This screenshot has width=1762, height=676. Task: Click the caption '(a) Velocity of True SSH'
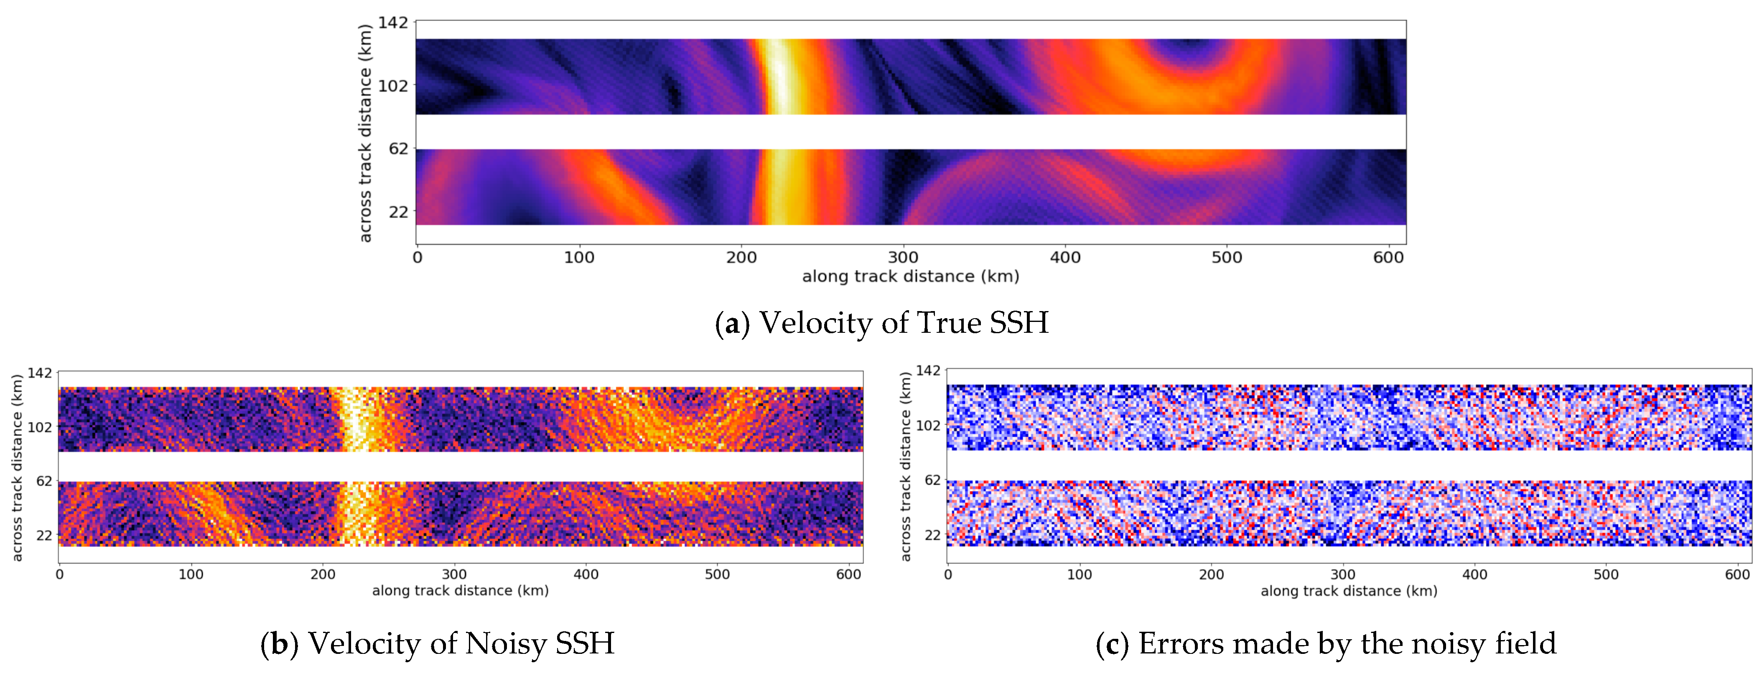point(881,323)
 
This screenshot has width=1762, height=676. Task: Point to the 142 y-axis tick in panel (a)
point(393,23)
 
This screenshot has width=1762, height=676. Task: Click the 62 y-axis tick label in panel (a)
point(398,148)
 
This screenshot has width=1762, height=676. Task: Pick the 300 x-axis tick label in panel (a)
point(903,258)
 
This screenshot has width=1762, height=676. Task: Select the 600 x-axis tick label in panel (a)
point(1388,258)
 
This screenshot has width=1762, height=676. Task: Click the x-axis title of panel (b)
point(460,590)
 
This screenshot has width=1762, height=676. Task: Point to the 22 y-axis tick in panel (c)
point(932,535)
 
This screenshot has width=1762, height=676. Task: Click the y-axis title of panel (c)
point(906,466)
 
